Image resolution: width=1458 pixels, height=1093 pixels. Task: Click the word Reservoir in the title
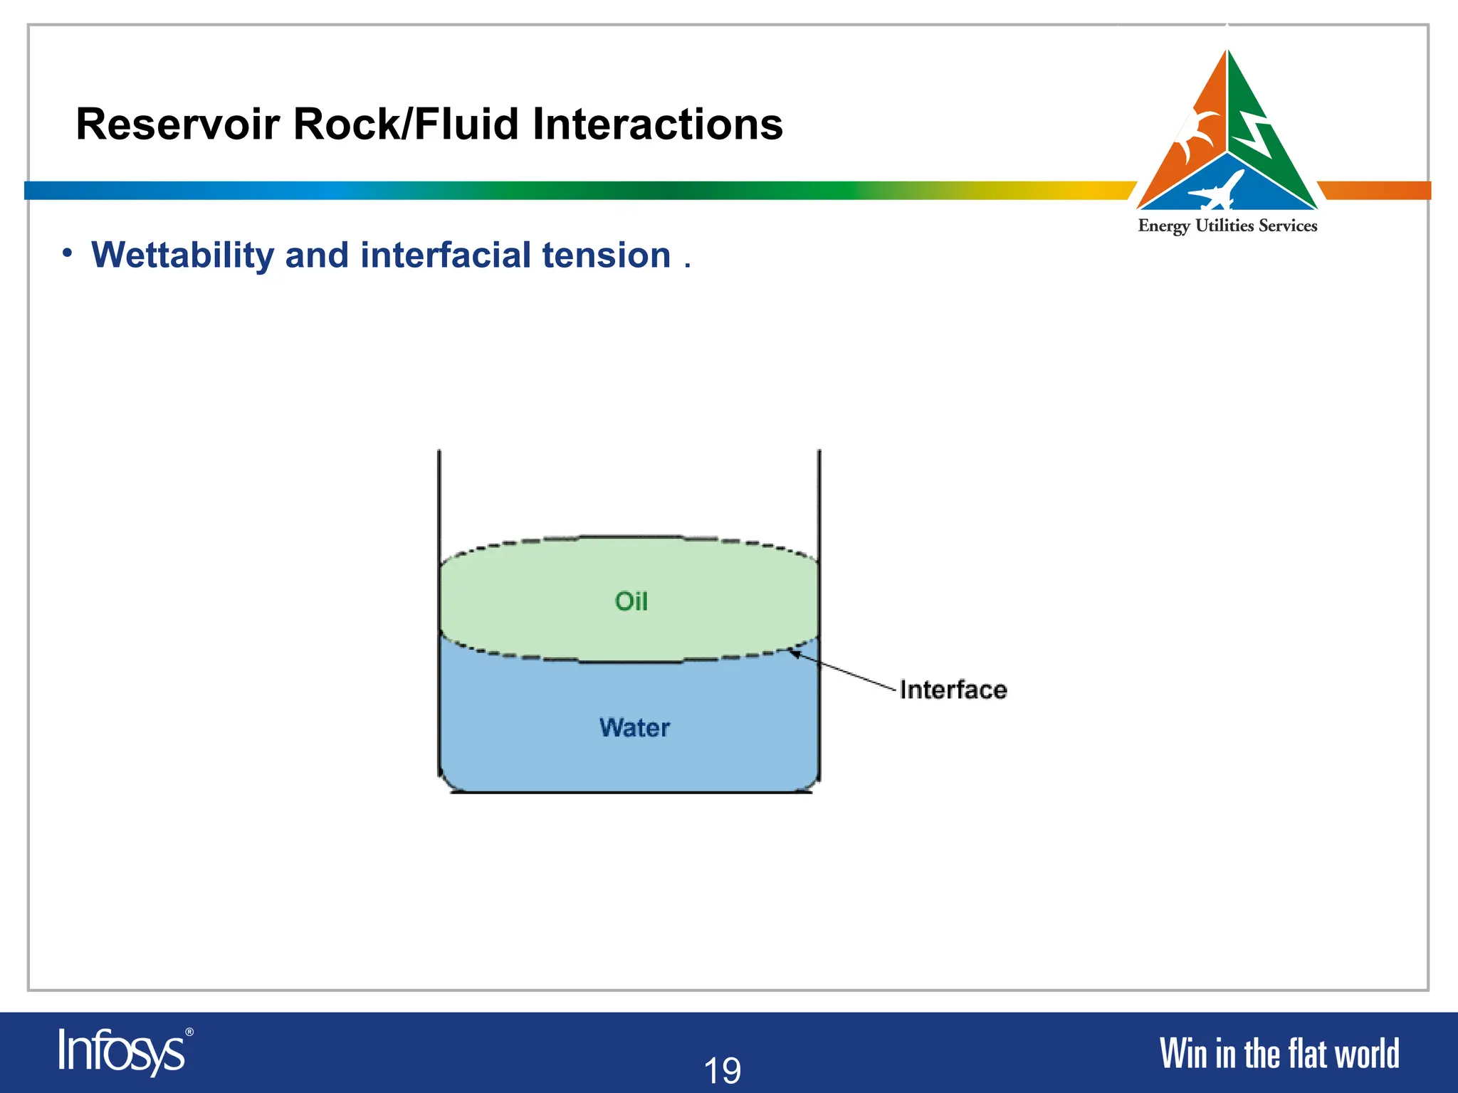[178, 125]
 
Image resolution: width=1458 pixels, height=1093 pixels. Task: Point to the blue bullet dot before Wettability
[67, 253]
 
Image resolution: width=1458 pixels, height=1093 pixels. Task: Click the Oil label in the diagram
[631, 601]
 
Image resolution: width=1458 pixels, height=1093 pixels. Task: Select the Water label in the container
[634, 728]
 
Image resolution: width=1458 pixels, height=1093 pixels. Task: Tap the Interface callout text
[953, 690]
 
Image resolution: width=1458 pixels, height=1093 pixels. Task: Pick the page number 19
[722, 1070]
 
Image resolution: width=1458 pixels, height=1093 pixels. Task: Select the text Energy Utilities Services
[1227, 226]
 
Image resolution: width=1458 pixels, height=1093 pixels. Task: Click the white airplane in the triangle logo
[1217, 191]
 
